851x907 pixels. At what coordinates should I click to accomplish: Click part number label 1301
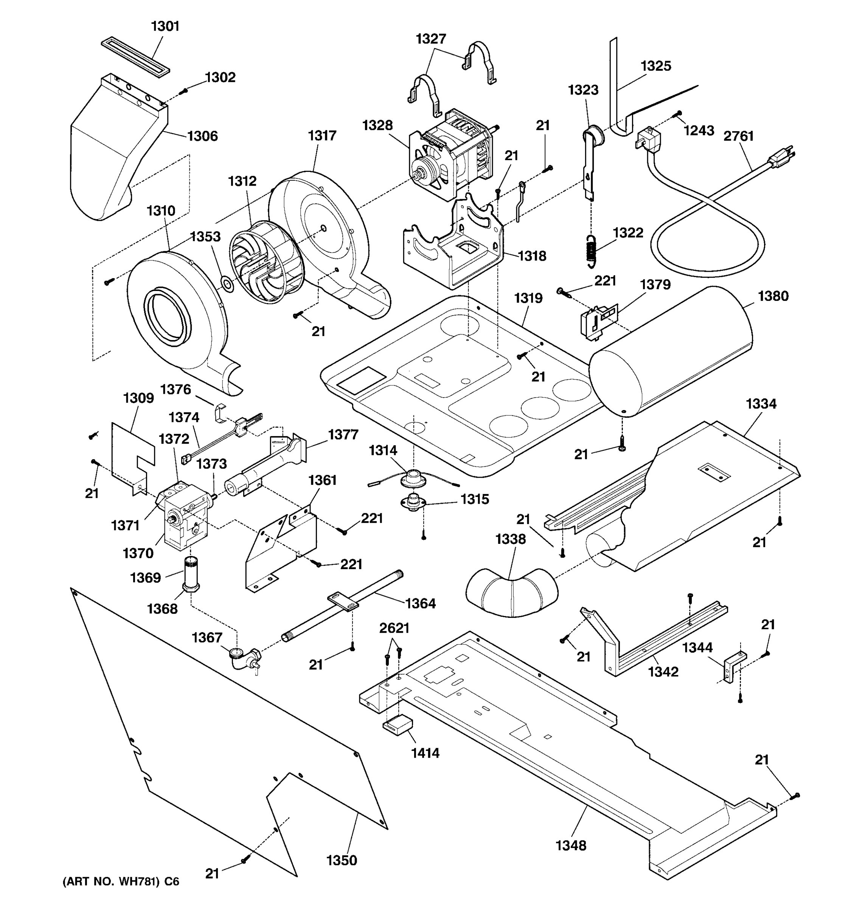click(165, 26)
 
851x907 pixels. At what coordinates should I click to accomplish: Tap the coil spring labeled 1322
click(591, 251)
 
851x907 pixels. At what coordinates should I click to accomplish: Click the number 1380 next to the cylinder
click(773, 296)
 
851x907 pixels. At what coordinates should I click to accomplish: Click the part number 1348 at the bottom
click(571, 845)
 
